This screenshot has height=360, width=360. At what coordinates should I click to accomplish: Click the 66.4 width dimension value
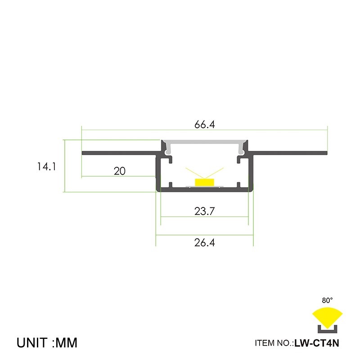pyautogui.click(x=205, y=125)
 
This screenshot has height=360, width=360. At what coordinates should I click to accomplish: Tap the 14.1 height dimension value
pyautogui.click(x=46, y=166)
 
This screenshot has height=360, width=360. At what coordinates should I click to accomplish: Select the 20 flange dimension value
pyautogui.click(x=119, y=171)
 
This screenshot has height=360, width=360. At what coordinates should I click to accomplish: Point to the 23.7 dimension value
pyautogui.click(x=205, y=211)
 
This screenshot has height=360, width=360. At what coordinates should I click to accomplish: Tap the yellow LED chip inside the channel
pyautogui.click(x=205, y=181)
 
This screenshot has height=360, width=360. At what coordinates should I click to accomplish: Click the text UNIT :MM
pyautogui.click(x=47, y=342)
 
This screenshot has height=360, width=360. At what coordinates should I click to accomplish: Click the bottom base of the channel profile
pyautogui.click(x=205, y=190)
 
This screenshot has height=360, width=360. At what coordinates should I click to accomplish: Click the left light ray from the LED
pyautogui.click(x=193, y=173)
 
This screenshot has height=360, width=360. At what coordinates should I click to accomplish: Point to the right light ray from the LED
pyautogui.click(x=216, y=173)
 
